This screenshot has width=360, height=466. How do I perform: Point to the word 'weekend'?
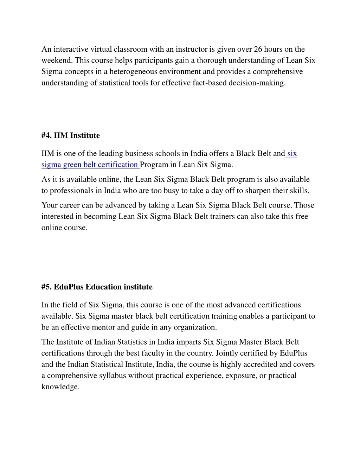(x=57, y=60)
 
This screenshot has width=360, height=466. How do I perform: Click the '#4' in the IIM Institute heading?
(x=46, y=136)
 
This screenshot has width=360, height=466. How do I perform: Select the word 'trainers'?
(x=222, y=216)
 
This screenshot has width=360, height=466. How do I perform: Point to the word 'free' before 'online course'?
(x=302, y=216)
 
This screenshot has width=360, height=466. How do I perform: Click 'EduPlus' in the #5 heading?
(x=69, y=287)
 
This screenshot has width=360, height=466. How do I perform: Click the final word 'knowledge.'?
(x=60, y=387)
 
